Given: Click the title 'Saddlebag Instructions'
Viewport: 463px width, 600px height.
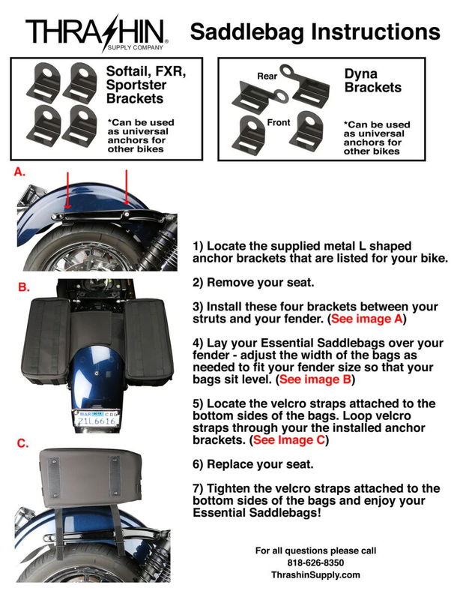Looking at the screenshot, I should click(315, 31).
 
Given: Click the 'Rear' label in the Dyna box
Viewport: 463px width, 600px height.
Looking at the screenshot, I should click(267, 76).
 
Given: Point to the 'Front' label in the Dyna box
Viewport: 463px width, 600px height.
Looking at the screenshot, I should click(279, 122).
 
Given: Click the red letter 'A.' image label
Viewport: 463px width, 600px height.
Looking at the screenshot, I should click(20, 172).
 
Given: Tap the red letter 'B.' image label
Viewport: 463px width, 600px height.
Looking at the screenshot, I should click(23, 286).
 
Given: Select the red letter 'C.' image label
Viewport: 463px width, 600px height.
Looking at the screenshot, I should click(23, 443).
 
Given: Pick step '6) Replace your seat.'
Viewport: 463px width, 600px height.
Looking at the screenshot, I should click(252, 464).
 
